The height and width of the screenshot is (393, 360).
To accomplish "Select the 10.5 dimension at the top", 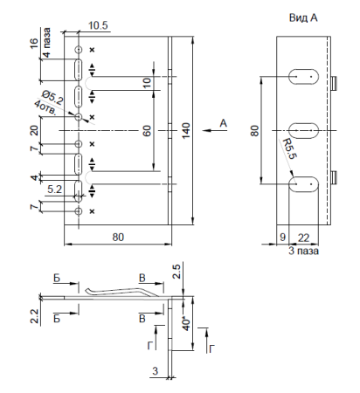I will click(x=99, y=26).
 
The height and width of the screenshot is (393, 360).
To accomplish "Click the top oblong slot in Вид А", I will click(x=303, y=76).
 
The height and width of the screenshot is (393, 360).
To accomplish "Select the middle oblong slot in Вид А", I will click(x=303, y=129).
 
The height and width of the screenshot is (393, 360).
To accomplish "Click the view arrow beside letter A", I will click(x=210, y=130).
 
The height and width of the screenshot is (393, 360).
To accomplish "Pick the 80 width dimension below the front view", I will click(x=117, y=237).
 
